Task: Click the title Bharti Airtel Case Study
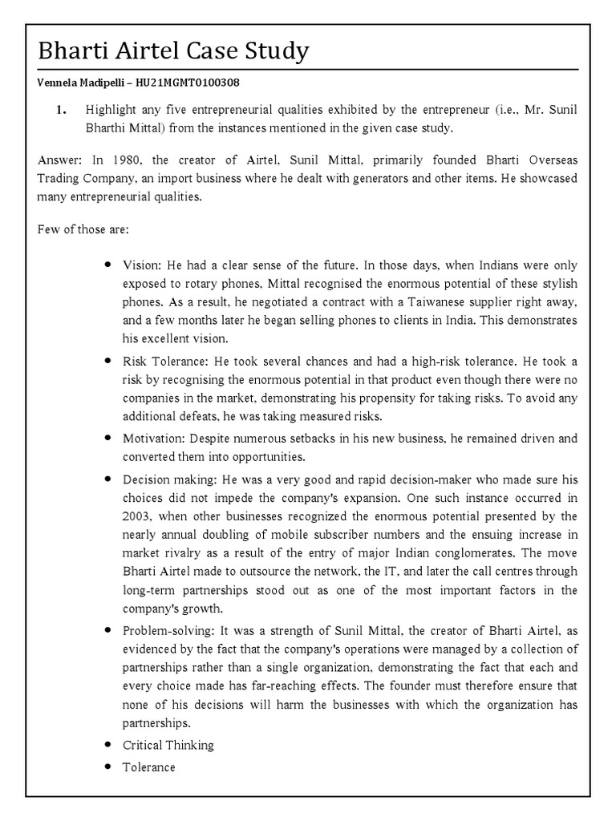click(173, 51)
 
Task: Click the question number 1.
click(61, 111)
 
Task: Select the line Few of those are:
click(78, 229)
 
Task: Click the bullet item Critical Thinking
click(168, 745)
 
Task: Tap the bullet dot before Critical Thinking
click(106, 745)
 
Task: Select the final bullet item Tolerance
click(148, 767)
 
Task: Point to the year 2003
click(137, 516)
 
